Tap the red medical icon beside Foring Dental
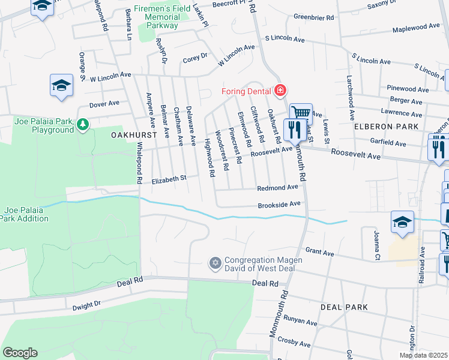[x=279, y=91]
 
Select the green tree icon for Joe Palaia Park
[x=83, y=125]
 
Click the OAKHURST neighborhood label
[x=134, y=136]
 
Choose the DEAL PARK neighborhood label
[x=344, y=307]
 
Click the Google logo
[x=20, y=353]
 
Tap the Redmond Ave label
[x=277, y=188]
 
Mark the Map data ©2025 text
[x=423, y=355]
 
